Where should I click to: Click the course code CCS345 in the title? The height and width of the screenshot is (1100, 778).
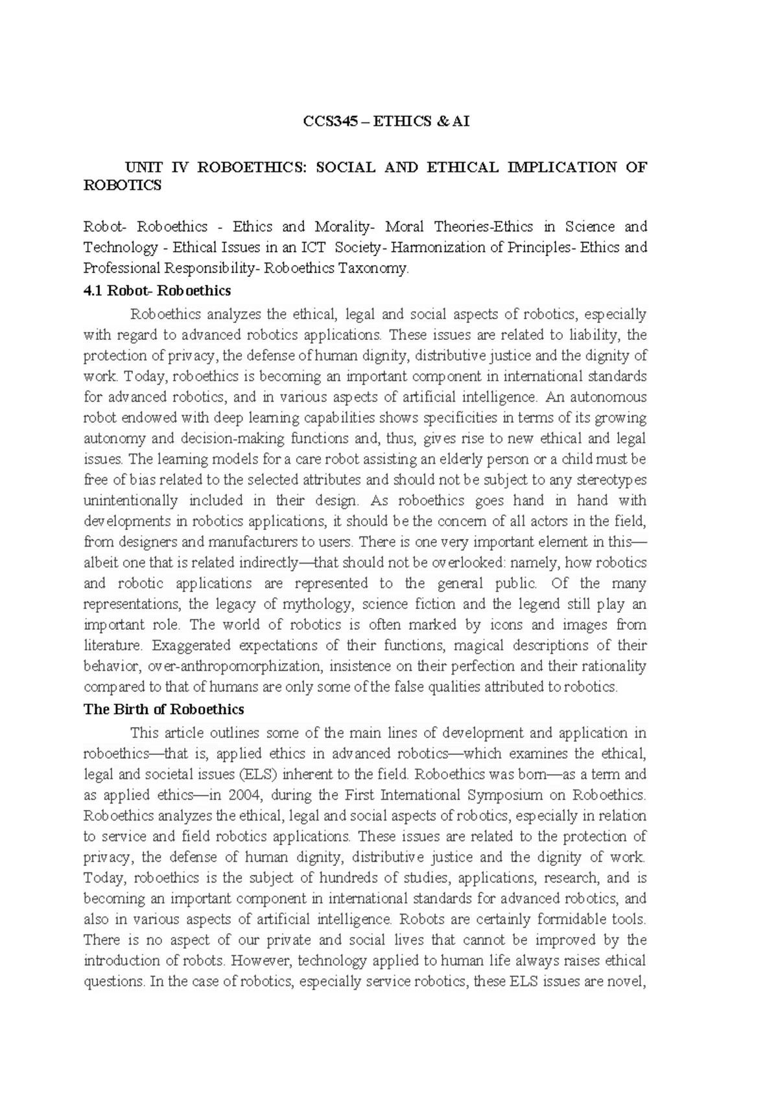(x=331, y=121)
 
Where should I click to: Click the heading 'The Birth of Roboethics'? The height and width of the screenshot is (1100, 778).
(x=163, y=709)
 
